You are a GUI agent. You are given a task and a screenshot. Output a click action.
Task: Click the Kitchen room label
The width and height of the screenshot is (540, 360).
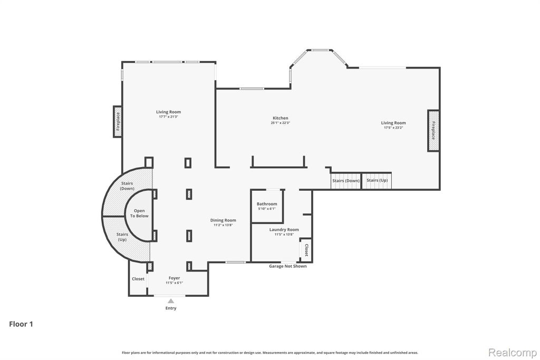tap(281, 118)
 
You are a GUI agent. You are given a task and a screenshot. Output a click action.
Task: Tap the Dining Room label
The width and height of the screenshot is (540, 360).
tap(223, 220)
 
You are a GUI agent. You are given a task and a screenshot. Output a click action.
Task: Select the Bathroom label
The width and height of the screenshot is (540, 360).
tap(267, 204)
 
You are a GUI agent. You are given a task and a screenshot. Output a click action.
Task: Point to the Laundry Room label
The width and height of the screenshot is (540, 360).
tap(284, 230)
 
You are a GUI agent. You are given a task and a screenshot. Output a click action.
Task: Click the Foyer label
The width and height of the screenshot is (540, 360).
tap(174, 278)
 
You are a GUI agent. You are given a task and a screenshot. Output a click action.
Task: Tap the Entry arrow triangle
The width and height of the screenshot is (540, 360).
tap(171, 301)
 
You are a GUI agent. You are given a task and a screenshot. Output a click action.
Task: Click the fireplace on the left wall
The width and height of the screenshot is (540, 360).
tap(118, 121)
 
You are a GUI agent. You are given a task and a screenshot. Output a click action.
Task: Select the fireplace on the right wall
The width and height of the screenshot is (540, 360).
tap(433, 130)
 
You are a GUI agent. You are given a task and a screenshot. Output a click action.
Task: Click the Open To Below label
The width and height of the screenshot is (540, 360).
tap(139, 213)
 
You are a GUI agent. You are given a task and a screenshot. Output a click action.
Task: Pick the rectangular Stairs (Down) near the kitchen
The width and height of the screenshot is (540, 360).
tap(346, 181)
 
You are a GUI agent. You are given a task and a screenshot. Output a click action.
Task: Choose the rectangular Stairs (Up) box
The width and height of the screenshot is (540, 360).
tap(377, 181)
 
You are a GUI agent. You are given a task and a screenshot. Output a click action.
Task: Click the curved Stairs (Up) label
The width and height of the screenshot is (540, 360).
tap(122, 237)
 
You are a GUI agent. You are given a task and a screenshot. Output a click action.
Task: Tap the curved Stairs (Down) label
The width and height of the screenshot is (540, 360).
tap(127, 186)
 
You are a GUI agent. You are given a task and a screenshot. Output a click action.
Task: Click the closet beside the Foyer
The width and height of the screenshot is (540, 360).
tap(138, 279)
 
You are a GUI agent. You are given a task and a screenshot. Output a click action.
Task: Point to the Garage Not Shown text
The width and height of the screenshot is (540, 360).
tap(287, 266)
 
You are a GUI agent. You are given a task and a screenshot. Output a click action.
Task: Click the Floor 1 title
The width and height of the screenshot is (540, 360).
tap(21, 324)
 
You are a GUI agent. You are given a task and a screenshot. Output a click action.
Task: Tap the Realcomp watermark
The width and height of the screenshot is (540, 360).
tap(513, 353)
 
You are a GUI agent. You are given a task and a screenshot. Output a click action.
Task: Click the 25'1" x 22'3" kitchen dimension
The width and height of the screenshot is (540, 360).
tap(281, 123)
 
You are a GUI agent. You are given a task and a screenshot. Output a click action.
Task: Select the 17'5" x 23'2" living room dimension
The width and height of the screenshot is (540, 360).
tap(393, 128)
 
